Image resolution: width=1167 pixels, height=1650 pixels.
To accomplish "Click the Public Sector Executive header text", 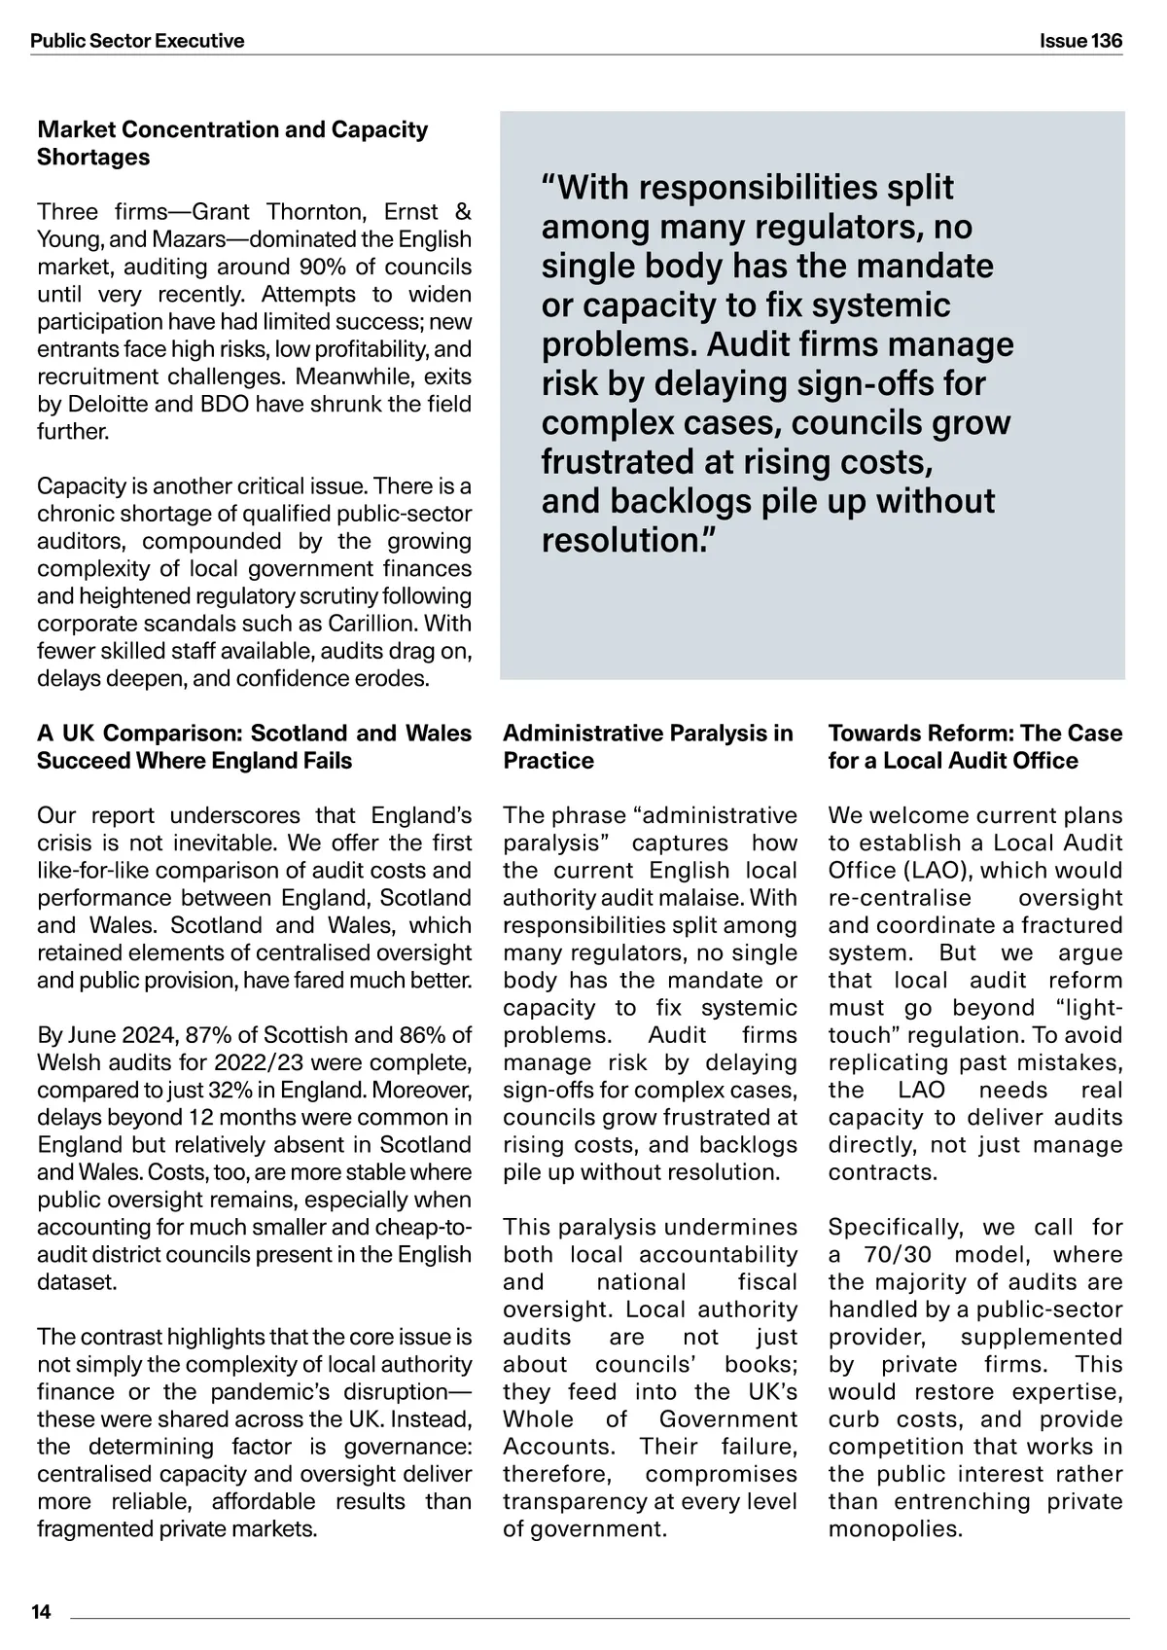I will pyautogui.click(x=137, y=41).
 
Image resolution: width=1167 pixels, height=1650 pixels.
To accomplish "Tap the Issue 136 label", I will pyautogui.click(x=1080, y=41).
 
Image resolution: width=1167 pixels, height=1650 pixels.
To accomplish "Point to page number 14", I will pyautogui.click(x=41, y=1612).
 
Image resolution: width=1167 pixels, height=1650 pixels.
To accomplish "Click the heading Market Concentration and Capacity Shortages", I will pyautogui.click(x=231, y=143).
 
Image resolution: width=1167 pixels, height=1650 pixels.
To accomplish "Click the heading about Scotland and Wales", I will pyautogui.click(x=254, y=746).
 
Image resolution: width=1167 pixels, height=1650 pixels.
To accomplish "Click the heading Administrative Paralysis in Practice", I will pyautogui.click(x=648, y=746).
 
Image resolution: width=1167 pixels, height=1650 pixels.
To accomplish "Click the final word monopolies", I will pyautogui.click(x=894, y=1528).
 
